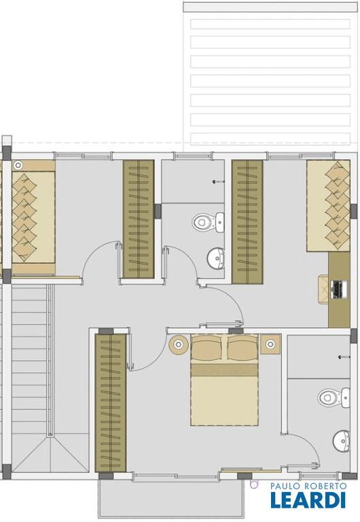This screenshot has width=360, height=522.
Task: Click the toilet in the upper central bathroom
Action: pos(208,222)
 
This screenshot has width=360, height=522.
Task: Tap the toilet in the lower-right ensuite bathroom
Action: pos(334,398)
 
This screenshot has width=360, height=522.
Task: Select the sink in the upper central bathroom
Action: pos(216,258)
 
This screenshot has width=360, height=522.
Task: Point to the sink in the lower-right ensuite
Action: pos(342,441)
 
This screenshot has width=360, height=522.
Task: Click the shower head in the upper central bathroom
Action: pos(218,181)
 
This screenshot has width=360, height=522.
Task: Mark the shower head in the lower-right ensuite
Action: pos(344,358)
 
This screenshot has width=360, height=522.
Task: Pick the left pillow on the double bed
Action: pos(206,347)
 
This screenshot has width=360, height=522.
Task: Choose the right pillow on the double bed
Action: pos(242,347)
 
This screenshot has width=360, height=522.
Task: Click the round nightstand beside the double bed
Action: pos(179,344)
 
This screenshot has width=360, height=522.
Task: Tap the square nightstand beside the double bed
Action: pos(270,344)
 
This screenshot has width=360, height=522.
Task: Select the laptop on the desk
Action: pos(340,290)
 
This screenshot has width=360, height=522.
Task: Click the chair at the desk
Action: pos(324,290)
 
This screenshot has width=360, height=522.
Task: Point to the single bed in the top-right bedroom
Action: pos(328,206)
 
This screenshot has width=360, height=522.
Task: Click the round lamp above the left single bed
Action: pos(18,165)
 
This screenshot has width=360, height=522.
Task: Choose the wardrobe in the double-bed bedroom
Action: pos(111,403)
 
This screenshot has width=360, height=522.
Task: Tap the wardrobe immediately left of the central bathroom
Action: pos(139,219)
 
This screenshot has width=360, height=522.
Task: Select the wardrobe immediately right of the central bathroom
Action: pos(247,222)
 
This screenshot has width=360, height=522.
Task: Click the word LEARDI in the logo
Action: pos(308,500)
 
